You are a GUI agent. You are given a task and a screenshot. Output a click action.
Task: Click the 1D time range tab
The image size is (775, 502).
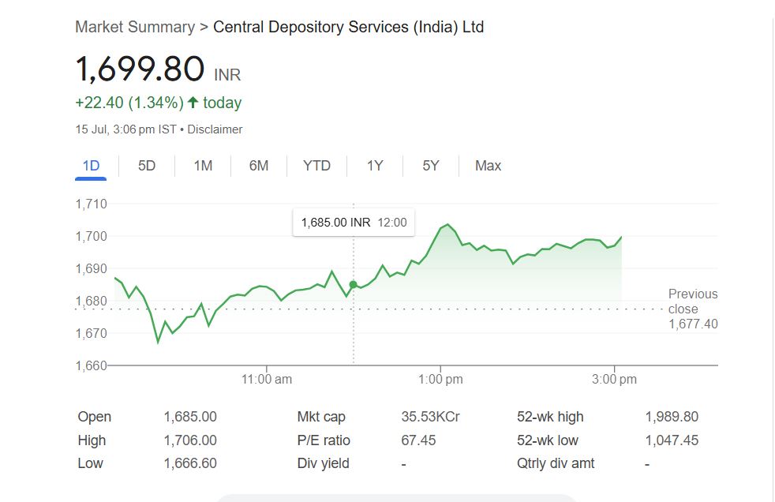pos(91,166)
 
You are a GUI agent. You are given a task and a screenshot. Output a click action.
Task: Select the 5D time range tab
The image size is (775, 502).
pos(147,166)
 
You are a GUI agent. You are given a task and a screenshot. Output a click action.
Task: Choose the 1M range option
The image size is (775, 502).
pos(203,166)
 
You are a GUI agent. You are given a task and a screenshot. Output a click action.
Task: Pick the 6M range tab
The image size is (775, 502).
pos(259,166)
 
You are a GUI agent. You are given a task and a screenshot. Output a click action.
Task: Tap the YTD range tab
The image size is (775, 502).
pos(316,166)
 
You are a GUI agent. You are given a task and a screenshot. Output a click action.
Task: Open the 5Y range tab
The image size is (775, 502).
pos(430,166)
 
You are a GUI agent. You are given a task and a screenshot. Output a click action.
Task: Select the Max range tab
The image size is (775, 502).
pos(488,166)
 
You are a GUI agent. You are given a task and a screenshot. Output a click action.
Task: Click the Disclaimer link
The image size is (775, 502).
pos(215,129)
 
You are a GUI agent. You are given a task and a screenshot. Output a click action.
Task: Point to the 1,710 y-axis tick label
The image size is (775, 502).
pos(91,204)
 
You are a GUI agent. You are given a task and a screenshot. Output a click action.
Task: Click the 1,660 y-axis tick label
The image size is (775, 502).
pos(91,365)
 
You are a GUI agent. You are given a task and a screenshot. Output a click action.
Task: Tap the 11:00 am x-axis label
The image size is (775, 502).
pos(267,380)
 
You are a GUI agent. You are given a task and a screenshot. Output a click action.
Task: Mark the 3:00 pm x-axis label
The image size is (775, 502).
pos(614,380)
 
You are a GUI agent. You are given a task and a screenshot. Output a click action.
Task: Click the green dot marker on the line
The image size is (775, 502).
pos(353,284)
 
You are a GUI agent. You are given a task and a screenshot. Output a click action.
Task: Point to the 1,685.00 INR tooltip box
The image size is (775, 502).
pos(354,223)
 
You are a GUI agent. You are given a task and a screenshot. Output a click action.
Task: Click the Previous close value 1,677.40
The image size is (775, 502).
pos(693,324)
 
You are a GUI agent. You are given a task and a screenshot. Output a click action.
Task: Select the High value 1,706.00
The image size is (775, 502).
pos(190,440)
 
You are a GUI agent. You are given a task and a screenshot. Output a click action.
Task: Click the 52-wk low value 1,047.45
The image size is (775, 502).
pos(672,440)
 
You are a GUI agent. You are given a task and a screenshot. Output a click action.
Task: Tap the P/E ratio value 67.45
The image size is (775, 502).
pos(418,440)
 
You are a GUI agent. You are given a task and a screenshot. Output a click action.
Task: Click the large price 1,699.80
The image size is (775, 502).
pos(140,69)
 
